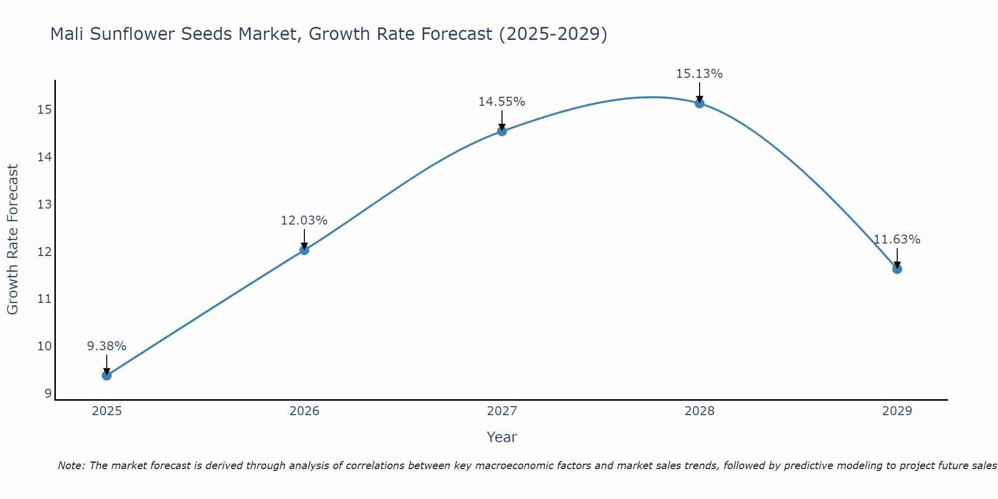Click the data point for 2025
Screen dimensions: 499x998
[x=107, y=375]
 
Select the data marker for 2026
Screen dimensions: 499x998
[x=304, y=250]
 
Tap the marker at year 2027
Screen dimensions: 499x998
[x=502, y=131]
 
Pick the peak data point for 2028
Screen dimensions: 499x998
[x=700, y=103]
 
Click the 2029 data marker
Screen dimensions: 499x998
[x=897, y=269]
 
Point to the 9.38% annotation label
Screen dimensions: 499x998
[x=107, y=346]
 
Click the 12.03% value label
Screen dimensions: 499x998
[x=304, y=221]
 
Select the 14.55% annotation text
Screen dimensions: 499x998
[x=502, y=102]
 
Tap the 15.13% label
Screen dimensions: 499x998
[x=700, y=74]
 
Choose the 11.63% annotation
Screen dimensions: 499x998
[x=897, y=240]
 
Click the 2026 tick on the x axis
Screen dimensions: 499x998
[x=304, y=411]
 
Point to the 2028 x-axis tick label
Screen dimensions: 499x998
[x=700, y=411]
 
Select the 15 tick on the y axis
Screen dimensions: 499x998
[x=44, y=109]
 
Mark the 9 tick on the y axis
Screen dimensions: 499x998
[x=48, y=393]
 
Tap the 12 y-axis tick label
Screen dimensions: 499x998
[x=44, y=251]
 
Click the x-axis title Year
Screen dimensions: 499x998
[x=502, y=437]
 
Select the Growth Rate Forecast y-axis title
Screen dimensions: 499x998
[x=13, y=240]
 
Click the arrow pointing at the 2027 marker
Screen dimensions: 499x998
[x=502, y=120]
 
